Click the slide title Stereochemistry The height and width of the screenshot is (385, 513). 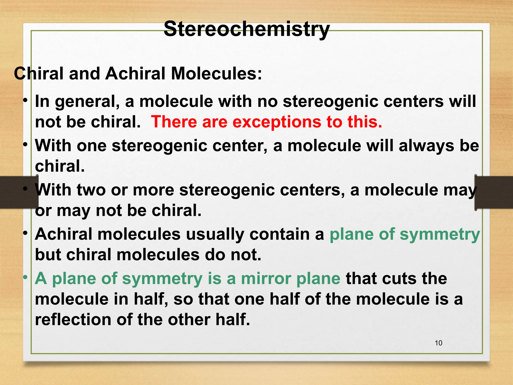(246, 29)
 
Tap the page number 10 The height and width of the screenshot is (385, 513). (438, 343)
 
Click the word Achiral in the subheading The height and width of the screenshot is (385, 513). (135, 74)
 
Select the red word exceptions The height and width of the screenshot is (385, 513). (277, 122)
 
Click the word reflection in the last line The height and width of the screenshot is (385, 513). (73, 320)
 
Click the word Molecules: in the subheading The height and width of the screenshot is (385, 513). (216, 74)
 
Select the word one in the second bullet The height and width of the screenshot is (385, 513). (91, 146)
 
